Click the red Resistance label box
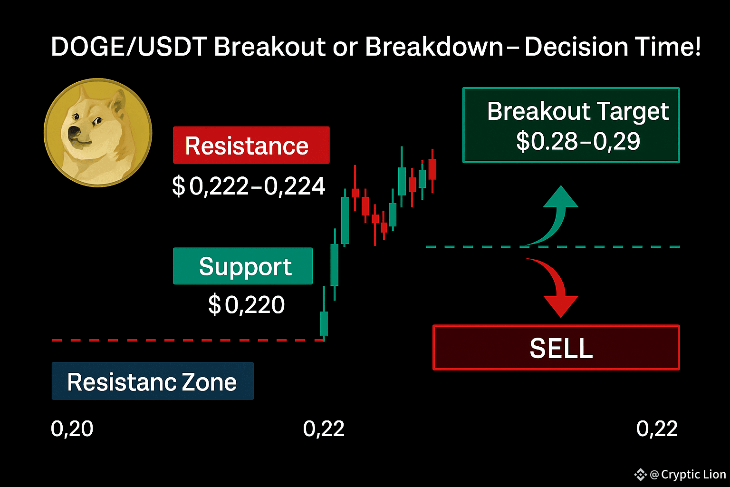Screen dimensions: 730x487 (x=251, y=145)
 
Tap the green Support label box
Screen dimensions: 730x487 (x=243, y=266)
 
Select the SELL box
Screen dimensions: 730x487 (x=556, y=347)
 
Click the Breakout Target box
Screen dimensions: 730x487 (x=571, y=125)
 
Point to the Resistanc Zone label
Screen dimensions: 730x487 (x=153, y=381)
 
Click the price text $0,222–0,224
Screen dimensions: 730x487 (x=249, y=186)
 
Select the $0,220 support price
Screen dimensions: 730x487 (x=246, y=305)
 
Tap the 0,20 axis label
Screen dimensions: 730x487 (x=72, y=429)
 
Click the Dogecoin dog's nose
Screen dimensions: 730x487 (x=74, y=132)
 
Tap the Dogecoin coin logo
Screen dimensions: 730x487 (x=98, y=132)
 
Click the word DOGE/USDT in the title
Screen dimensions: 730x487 (x=129, y=47)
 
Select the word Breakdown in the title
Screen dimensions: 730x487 (x=434, y=46)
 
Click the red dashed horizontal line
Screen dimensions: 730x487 (x=188, y=340)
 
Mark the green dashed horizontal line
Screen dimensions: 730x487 (x=553, y=247)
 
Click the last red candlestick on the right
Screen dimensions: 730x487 (x=432, y=171)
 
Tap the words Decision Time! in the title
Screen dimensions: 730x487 (x=613, y=46)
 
